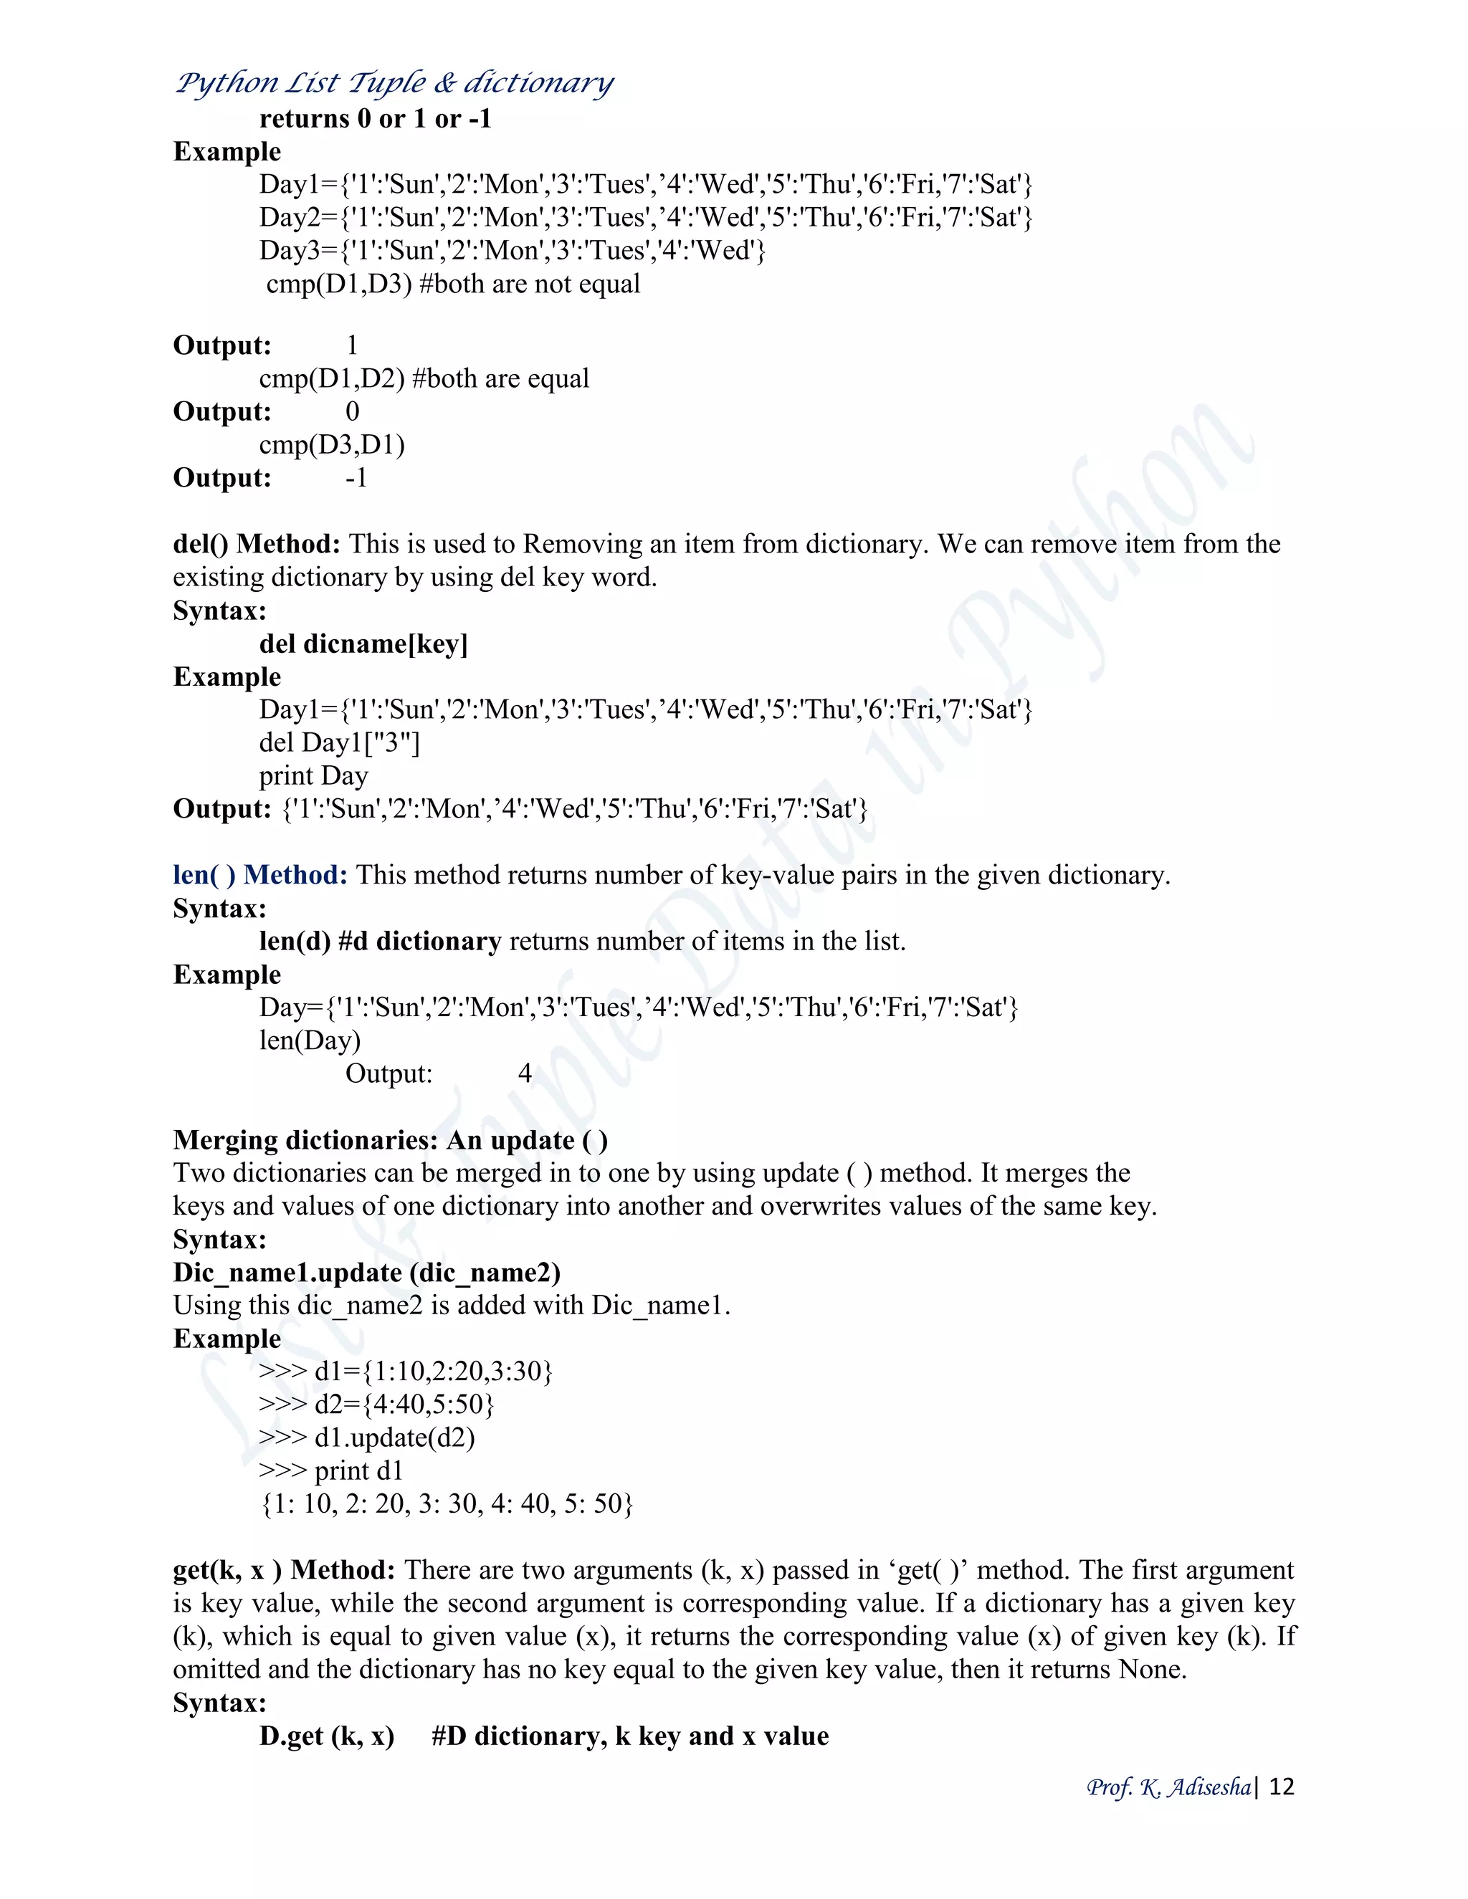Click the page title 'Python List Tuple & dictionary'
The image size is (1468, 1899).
pos(395,83)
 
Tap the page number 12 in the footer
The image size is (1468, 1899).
pos(1282,1786)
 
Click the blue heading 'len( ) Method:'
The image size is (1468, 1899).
pos(260,875)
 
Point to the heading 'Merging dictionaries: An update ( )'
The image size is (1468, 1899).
pos(391,1140)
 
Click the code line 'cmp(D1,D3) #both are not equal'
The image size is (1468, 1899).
pos(453,284)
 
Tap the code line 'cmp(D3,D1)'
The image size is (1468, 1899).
pos(332,445)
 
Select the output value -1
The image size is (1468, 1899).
pos(356,478)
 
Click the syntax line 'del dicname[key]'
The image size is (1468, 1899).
pos(363,644)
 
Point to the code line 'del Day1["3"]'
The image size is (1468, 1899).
pos(339,743)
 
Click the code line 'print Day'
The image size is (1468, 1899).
pos(313,775)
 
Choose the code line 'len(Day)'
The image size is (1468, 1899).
pos(310,1041)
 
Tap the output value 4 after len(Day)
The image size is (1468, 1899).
pos(525,1074)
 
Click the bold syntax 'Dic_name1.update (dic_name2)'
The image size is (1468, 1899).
pos(367,1273)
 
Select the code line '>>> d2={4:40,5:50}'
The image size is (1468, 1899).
pos(376,1405)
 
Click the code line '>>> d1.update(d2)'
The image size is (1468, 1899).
pos(367,1438)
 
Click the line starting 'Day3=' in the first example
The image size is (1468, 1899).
pos(513,252)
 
